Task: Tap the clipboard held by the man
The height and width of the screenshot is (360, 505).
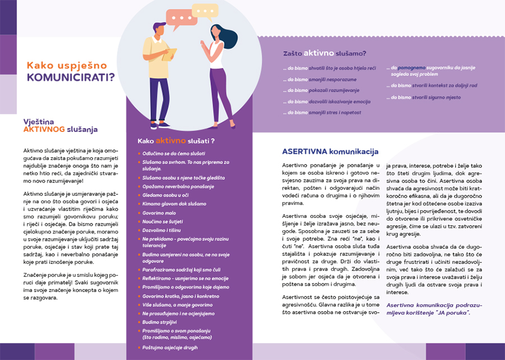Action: click(169, 54)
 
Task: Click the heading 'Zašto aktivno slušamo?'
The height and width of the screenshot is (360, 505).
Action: click(324, 54)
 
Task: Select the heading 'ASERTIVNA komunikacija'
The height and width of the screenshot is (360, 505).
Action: click(330, 152)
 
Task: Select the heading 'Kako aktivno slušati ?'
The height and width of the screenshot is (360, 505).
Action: click(176, 140)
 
